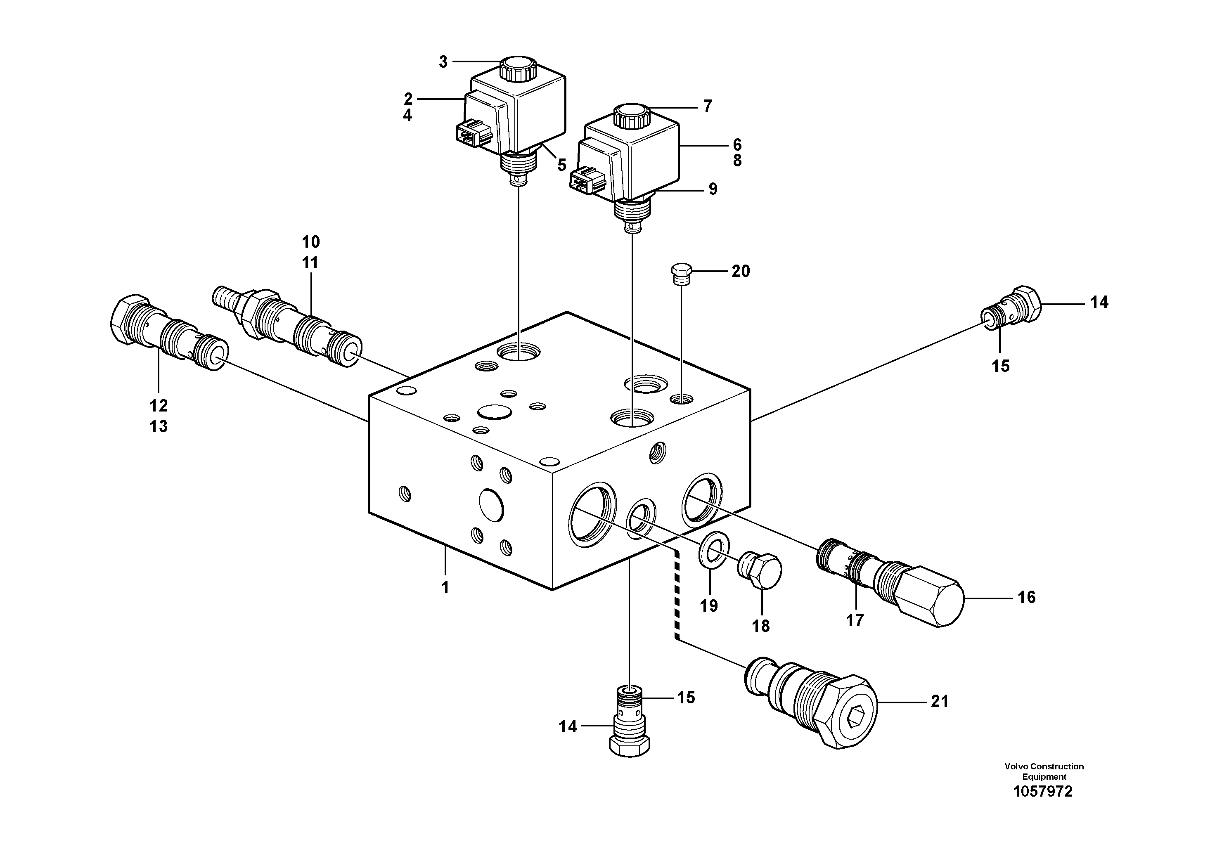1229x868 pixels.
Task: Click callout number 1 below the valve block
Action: (x=445, y=588)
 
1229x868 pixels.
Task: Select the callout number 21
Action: (x=940, y=701)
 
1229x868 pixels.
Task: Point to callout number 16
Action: (x=1026, y=597)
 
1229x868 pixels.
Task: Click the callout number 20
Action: (x=740, y=271)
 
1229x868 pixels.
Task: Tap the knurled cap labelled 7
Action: (x=632, y=116)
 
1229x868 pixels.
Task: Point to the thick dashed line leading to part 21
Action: (x=677, y=594)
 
